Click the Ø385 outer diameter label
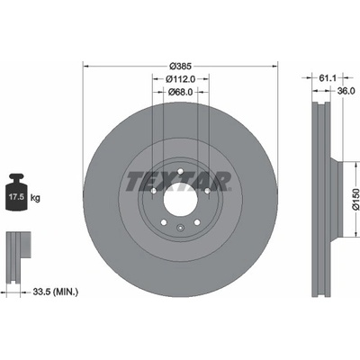180,66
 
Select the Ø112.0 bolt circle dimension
181,79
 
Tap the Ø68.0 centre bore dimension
180,92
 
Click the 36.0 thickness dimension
346,91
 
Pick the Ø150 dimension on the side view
355,199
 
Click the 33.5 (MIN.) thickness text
56,292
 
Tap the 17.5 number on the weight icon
16,197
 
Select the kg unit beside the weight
35,198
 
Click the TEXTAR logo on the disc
178,182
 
